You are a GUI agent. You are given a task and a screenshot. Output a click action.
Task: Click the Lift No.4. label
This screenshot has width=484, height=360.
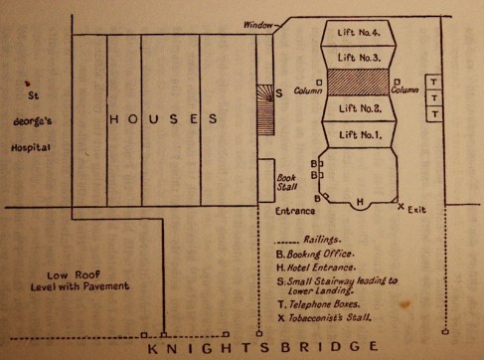tap(360, 36)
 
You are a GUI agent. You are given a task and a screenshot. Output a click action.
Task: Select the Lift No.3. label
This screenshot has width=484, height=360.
tap(360, 59)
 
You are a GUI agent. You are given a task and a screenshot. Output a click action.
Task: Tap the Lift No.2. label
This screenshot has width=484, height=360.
tap(360, 107)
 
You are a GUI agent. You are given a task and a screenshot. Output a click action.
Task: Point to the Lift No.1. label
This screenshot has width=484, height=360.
tap(360, 131)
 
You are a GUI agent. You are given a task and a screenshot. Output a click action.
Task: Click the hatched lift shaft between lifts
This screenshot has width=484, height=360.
tap(360, 83)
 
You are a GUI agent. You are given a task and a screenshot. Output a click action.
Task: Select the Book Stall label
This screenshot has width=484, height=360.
tap(286, 185)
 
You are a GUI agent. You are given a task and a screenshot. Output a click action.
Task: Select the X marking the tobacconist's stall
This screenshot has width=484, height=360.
tap(402, 207)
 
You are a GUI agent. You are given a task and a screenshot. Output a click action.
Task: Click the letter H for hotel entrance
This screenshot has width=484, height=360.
tap(360, 201)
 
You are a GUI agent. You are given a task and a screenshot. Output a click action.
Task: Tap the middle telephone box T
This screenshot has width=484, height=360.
tap(434, 97)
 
